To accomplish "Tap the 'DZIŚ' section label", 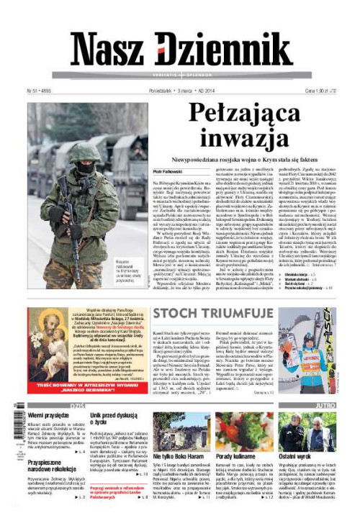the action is click(x=76, y=406).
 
